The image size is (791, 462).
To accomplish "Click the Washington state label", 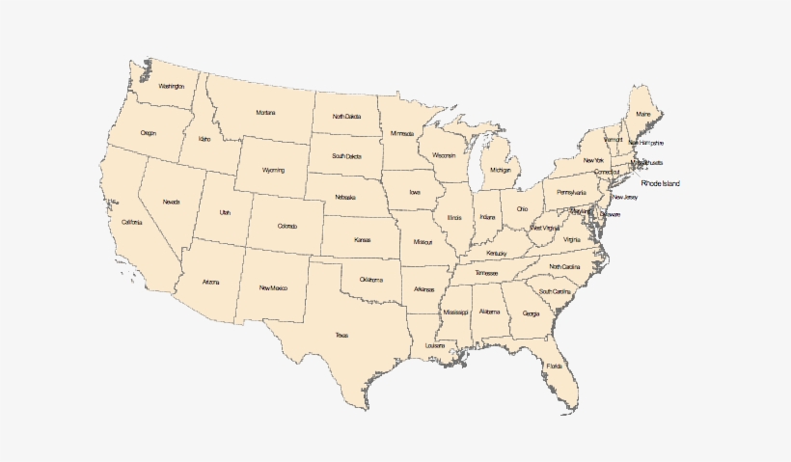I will (171, 87).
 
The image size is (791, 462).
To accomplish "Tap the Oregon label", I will (148, 133).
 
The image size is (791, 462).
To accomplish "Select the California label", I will (131, 223).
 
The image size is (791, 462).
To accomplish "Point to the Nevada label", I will (171, 202).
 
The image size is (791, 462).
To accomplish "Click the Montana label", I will (265, 113).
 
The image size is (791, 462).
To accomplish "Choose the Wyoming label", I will (273, 170).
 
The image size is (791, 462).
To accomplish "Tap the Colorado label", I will (287, 227).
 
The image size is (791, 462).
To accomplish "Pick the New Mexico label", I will (273, 287).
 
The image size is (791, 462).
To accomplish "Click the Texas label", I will (341, 335).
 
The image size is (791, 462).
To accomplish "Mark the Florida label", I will (555, 367).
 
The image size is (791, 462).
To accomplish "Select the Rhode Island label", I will (661, 183).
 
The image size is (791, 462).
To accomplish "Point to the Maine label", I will (643, 115).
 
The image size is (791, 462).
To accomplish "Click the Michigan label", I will (500, 170).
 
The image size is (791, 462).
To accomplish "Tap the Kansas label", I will (363, 239).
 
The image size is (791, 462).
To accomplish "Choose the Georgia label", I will (532, 313).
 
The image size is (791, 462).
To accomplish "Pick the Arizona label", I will (211, 282).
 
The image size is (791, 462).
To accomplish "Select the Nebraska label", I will (345, 197).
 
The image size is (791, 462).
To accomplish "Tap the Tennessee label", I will (486, 273).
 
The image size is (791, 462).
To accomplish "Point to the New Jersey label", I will (624, 198).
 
